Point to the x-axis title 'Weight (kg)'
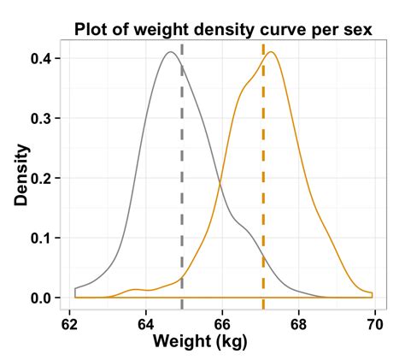coord(200,341)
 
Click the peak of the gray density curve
coord(171,52)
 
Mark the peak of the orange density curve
coord(271,52)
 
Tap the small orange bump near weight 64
coord(137,289)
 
